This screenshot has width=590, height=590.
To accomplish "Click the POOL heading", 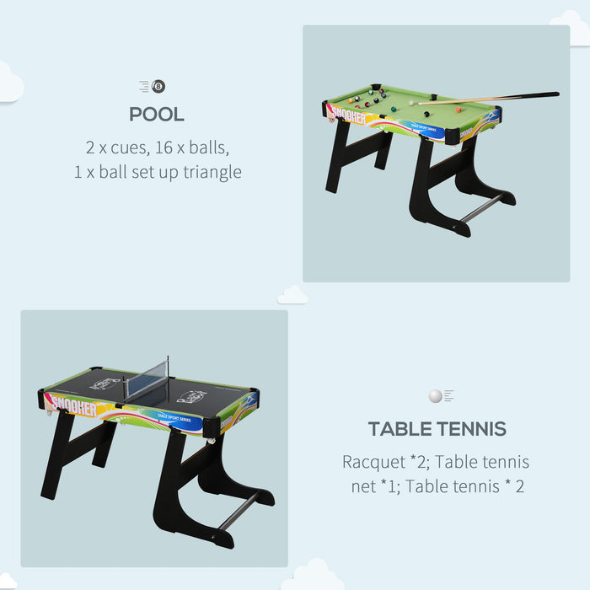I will tap(157, 114).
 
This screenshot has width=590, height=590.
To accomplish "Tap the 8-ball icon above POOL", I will tap(158, 86).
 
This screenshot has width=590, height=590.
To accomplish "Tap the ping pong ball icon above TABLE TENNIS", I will tap(435, 396).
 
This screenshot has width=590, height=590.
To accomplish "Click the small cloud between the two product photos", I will tap(292, 295).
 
